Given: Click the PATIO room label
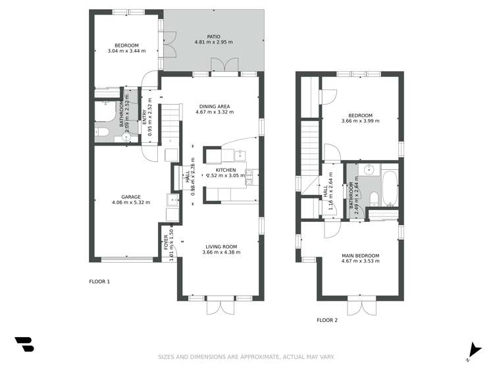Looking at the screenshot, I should coord(214,36).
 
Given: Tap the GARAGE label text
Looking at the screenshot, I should coord(130,196).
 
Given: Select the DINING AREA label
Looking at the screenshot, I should coord(215,106).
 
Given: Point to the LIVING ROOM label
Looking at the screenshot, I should coord(220,247).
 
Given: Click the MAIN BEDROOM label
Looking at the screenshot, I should coord(360,255).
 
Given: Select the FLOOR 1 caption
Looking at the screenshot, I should coord(99,282).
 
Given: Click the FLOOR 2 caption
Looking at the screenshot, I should coord(327,321).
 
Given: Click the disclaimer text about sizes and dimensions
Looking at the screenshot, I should coord(246,357).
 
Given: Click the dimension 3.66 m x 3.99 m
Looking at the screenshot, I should coord(361,121).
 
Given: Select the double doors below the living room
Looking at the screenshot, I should coord(220,306).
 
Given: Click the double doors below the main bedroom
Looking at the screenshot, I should coord(360,306).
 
